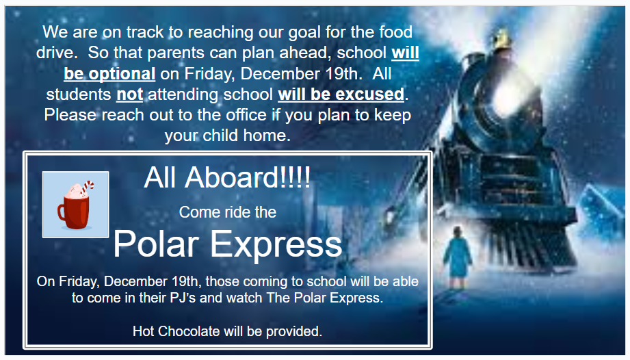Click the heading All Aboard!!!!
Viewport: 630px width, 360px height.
[x=227, y=178]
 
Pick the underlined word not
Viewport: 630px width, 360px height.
[x=129, y=94]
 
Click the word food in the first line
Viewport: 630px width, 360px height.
[x=395, y=32]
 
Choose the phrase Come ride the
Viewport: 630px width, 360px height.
[x=227, y=212]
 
